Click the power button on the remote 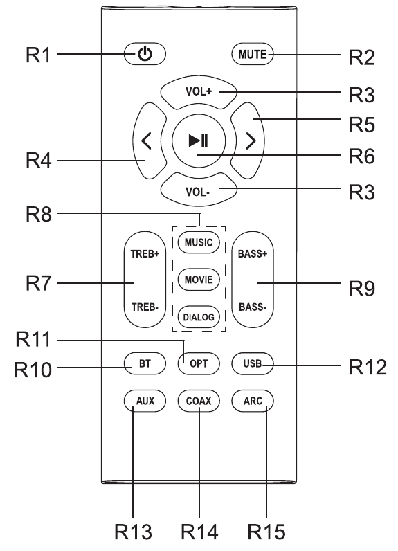(145, 54)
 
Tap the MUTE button (253, 54)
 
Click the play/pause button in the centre (199, 141)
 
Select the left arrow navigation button (149, 141)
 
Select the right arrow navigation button (248, 141)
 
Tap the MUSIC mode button (199, 242)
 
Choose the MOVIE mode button (199, 280)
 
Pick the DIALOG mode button (199, 317)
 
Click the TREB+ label (145, 254)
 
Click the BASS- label (253, 307)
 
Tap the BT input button (145, 363)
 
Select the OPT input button (199, 363)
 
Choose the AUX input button (145, 401)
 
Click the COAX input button (199, 401)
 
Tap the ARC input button (253, 401)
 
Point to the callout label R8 (39, 214)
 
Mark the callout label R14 (199, 532)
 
